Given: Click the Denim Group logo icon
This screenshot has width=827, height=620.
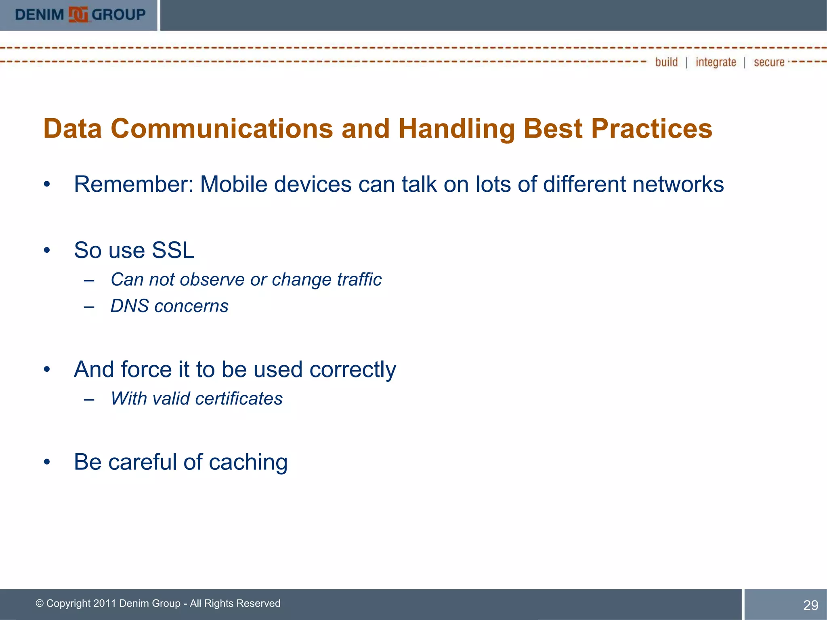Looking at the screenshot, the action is [78, 15].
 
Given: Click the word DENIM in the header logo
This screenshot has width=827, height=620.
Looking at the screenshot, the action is [40, 15].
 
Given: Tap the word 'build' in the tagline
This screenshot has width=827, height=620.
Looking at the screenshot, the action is [666, 62].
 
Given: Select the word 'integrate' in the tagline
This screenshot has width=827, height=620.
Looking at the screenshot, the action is [716, 63].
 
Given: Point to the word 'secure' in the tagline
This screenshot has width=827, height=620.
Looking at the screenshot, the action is [769, 62].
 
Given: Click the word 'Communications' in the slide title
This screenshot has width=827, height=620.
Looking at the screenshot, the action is [222, 129].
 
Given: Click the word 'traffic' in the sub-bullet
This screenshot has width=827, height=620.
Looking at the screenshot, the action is [359, 279].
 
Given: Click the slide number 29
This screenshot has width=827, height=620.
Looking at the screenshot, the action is [810, 605].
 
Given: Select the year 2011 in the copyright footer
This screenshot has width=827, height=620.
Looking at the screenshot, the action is [105, 603].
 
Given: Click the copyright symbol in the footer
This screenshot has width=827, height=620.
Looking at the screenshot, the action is [40, 603].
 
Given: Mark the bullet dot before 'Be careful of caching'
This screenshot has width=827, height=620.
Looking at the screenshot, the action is [47, 462].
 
